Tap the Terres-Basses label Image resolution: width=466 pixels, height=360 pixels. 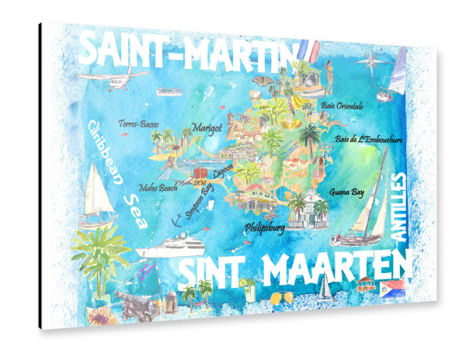click(138, 123)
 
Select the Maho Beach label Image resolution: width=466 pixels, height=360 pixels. click(158, 187)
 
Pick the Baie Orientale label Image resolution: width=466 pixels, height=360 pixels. click(346, 103)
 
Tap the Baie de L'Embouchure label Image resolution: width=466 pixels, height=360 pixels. click(368, 140)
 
